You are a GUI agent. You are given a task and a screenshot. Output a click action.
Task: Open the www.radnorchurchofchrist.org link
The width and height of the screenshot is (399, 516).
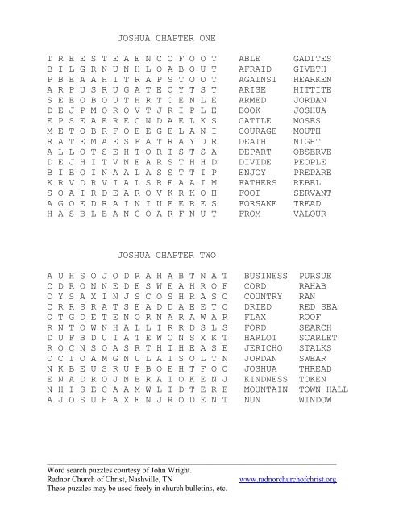tap(289, 480)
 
